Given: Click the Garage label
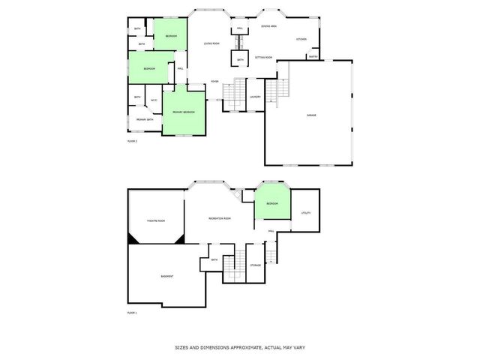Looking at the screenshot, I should (x=310, y=115).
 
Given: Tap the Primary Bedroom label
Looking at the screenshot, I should (x=184, y=112).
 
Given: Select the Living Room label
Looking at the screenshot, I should (x=211, y=43).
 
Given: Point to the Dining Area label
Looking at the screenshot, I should (x=268, y=26).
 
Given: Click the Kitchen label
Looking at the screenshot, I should (x=301, y=39).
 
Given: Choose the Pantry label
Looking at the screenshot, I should (x=313, y=56).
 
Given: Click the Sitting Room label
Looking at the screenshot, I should (x=263, y=57).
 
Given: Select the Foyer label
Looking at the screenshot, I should (x=214, y=81).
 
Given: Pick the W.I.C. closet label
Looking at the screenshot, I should (x=153, y=100).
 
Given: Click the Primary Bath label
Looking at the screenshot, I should (x=145, y=119).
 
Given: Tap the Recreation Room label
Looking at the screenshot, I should (x=220, y=218).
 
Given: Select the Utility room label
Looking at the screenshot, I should (x=305, y=213).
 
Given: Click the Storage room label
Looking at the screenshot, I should (x=256, y=265).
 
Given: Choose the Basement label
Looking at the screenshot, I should (x=167, y=276).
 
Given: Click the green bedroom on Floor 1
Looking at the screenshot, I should (x=271, y=203).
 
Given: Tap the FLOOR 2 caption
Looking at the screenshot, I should (x=133, y=141).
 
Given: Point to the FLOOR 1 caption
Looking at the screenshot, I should (x=133, y=312).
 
